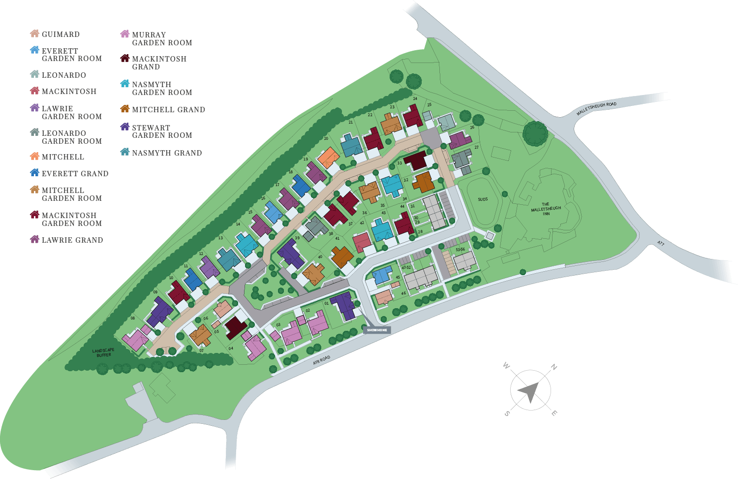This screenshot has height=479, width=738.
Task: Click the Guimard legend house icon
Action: (34, 34)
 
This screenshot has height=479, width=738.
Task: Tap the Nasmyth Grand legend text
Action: (167, 153)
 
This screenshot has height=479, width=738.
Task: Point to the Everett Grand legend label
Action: (75, 174)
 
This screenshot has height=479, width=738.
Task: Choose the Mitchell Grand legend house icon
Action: (125, 109)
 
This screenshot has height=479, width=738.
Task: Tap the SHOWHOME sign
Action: (377, 330)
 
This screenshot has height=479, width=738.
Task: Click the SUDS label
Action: (483, 199)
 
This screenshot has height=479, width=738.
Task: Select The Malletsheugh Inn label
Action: (546, 209)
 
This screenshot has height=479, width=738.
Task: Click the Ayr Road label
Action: (322, 360)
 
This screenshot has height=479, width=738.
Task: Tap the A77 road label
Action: (660, 244)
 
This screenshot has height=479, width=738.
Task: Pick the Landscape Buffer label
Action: (103, 352)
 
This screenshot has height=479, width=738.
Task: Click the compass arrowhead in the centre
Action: (528, 391)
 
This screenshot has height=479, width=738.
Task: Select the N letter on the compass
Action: (553, 367)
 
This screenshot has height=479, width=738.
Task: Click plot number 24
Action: (415, 99)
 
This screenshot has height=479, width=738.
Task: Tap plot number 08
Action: (132, 319)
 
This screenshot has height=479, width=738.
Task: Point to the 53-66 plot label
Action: (460, 250)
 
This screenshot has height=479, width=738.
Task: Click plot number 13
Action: (220, 238)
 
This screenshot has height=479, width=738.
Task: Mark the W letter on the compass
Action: (506, 366)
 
